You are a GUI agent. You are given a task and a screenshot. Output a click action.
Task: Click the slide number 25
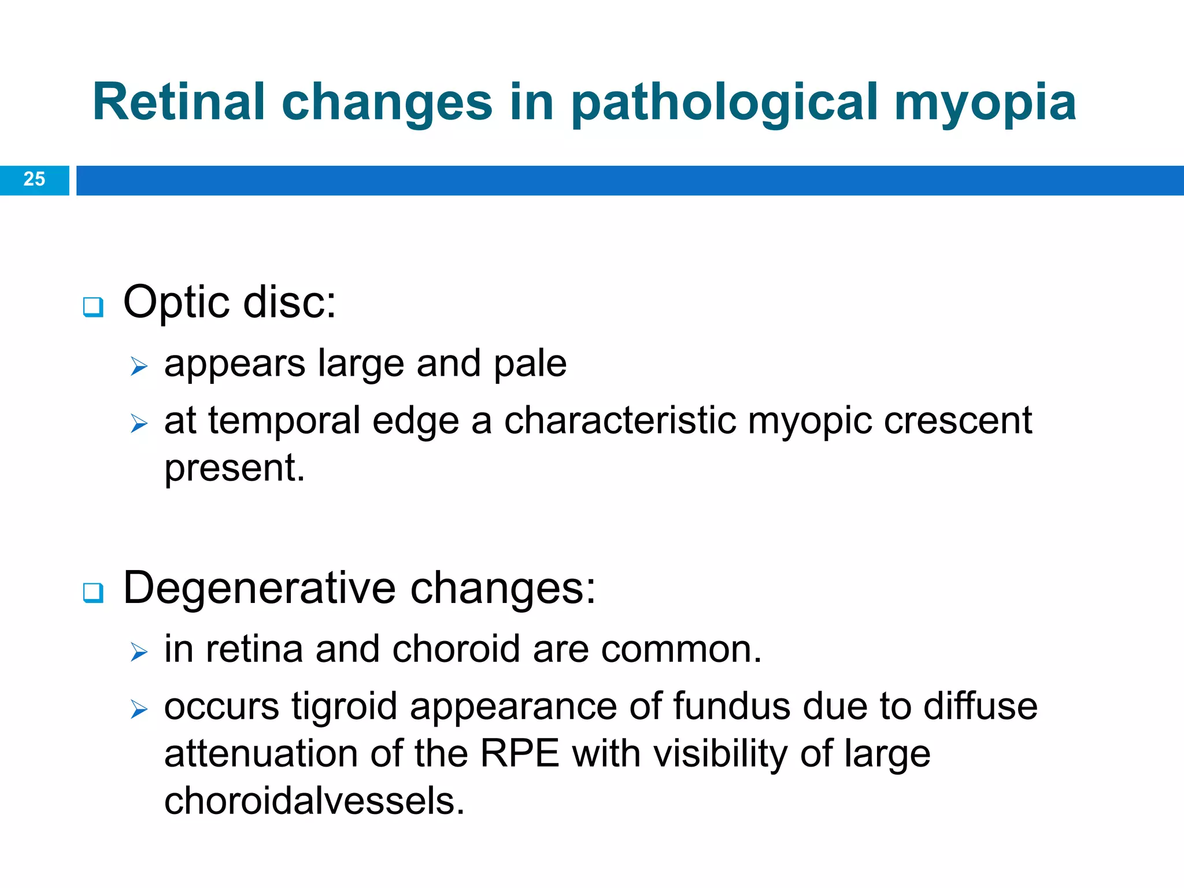[x=34, y=179]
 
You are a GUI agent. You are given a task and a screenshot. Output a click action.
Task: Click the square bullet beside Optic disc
[x=93, y=306]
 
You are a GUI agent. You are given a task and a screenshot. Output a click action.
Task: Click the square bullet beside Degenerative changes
[x=93, y=593]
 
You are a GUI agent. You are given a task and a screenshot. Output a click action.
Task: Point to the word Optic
[x=176, y=302]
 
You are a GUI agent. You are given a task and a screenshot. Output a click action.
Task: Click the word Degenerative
[x=260, y=588]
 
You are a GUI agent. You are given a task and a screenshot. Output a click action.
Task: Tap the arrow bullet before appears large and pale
[x=139, y=367]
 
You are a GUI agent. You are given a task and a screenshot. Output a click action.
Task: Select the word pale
[x=530, y=364]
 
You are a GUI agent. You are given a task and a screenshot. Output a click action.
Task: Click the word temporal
[x=284, y=421]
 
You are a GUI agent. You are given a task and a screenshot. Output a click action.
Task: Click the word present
[x=234, y=468]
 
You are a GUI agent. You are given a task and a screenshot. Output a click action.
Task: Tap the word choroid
[x=456, y=649]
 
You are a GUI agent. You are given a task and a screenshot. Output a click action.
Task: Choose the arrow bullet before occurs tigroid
[x=139, y=709]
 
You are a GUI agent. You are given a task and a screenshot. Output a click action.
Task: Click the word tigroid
[x=344, y=707]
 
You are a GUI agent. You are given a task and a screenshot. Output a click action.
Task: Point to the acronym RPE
[x=520, y=754]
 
